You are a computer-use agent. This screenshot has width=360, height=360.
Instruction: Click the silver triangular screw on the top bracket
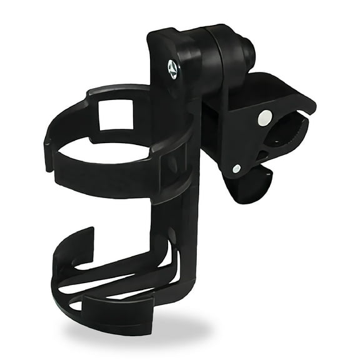coord(172,68)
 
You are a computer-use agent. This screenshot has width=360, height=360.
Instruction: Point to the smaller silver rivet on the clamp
coord(237,168)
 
